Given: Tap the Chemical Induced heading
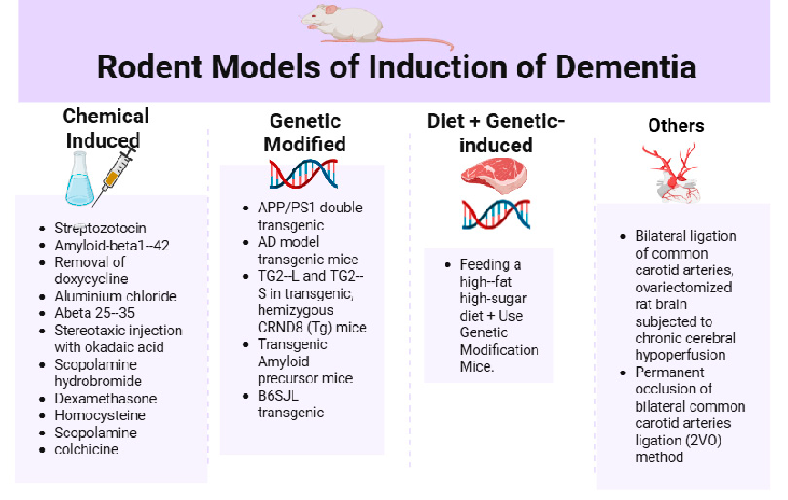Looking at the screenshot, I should point(106,128).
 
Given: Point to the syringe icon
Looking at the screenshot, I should point(119,173).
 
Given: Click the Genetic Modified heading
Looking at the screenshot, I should point(305,132).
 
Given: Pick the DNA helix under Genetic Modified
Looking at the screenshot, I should point(304,173).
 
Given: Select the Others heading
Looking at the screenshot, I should point(676,126).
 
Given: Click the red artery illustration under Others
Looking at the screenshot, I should point(675,173).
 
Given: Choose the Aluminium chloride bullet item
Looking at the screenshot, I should point(115,296).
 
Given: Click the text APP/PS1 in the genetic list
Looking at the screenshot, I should point(280,209).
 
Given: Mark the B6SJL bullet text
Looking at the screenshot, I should point(277,395).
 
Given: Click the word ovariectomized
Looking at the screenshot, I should point(683,288).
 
